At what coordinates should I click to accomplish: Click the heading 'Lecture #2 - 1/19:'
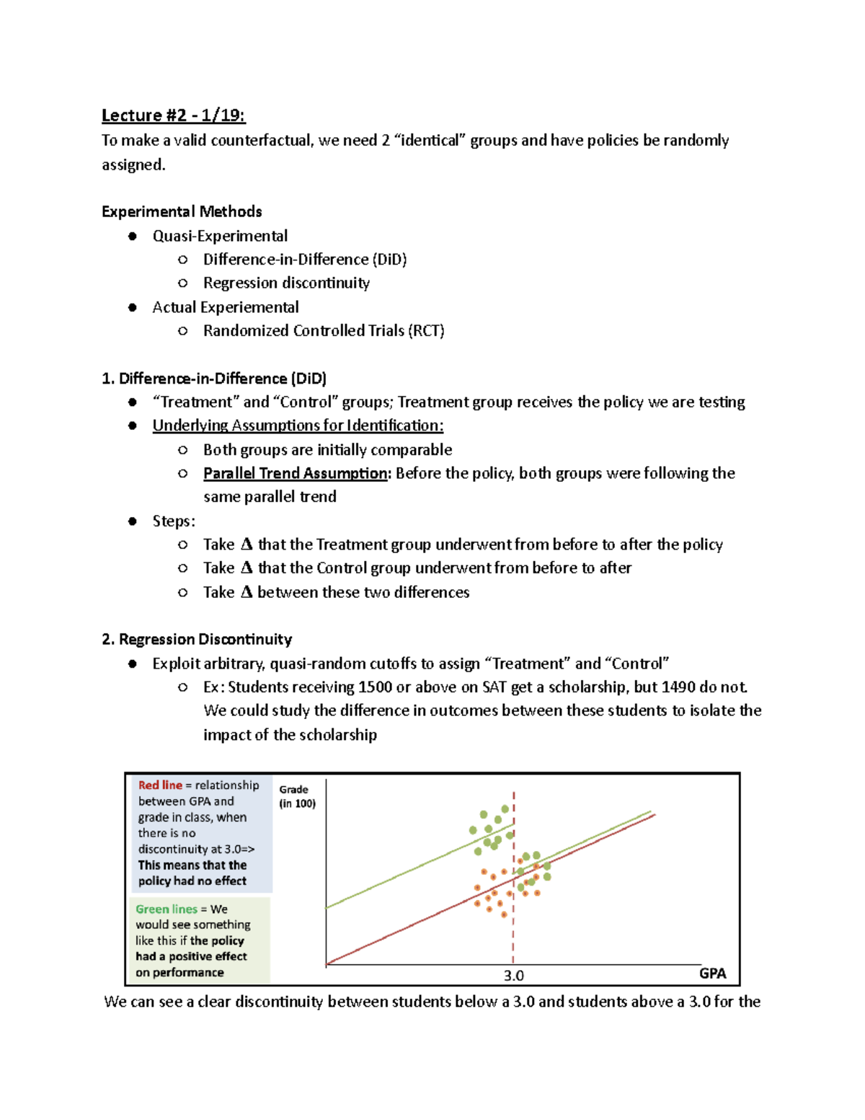173,115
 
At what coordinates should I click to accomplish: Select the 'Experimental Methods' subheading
182,211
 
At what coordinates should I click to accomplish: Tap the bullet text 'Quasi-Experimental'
220,236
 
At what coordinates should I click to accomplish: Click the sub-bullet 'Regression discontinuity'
286,283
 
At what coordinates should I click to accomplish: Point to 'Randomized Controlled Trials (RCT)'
324,330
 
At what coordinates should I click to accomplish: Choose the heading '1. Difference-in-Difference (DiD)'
214,379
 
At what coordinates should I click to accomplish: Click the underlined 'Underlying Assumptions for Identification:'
298,425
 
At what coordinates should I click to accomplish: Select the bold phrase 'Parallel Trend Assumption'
296,473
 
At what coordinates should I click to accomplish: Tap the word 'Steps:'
174,521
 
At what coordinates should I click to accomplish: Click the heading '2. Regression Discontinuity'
197,639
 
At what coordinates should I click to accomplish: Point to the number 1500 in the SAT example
375,687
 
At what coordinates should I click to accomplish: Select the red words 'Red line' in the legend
160,785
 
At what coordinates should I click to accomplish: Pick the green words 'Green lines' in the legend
166,909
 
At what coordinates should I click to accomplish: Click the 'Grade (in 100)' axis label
297,796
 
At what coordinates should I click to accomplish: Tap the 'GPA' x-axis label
712,973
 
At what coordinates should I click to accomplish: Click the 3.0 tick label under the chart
513,976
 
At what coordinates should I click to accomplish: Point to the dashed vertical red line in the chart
513,938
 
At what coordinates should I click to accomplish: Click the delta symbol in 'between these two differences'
247,592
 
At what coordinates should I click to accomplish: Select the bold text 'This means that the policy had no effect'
192,873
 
